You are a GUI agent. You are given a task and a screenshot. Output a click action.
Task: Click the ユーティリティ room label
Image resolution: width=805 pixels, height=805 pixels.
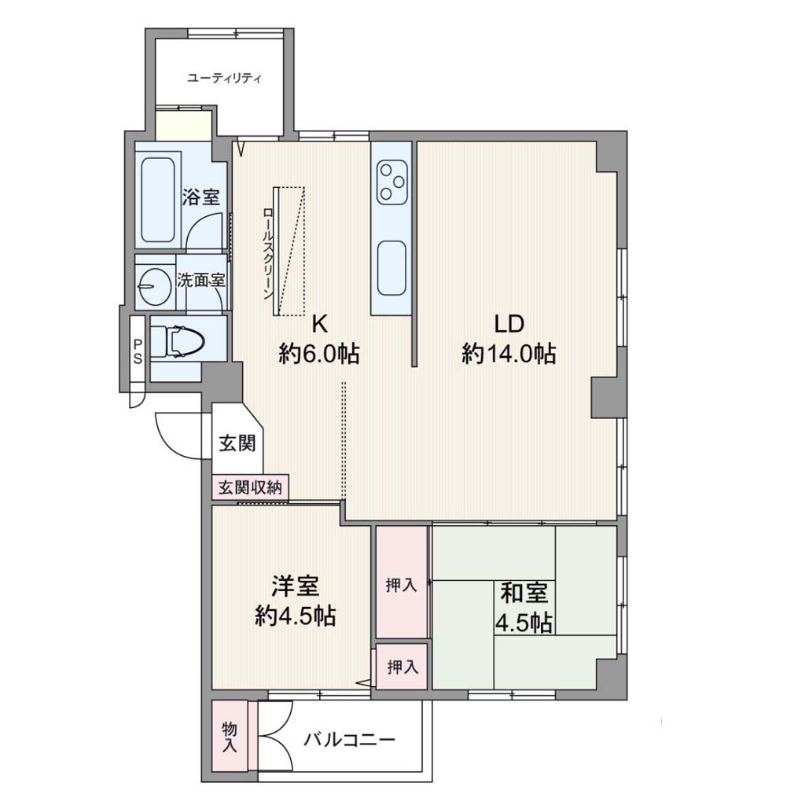tap(224, 79)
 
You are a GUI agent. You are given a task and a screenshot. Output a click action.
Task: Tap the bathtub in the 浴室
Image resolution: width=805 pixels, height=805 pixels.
tap(157, 199)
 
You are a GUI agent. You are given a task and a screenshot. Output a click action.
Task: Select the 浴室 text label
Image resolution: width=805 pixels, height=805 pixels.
tap(200, 197)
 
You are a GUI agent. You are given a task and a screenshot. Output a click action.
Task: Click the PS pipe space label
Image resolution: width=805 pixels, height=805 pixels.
tap(138, 351)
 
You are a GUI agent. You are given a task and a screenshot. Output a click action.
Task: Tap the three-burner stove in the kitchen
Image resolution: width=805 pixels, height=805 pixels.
tap(392, 182)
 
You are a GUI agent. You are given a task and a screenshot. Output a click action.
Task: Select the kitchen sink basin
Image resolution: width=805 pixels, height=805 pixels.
tap(391, 268)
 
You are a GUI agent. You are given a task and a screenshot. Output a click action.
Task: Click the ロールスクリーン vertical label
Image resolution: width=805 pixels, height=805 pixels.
tap(267, 254)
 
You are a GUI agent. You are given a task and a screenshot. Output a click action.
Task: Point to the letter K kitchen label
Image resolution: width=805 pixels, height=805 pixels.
tap(319, 324)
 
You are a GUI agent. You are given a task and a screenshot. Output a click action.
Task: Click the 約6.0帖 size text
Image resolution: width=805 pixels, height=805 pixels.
tap(319, 355)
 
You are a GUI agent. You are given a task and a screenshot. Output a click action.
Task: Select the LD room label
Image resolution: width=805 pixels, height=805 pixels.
tap(509, 324)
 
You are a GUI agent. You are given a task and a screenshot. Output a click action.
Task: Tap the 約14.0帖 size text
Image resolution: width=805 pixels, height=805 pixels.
tap(509, 355)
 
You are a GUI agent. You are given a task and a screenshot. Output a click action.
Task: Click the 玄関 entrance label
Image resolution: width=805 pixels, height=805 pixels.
tap(237, 443)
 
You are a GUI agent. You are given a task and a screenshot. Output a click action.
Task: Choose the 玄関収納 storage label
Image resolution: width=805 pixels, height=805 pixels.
tap(250, 487)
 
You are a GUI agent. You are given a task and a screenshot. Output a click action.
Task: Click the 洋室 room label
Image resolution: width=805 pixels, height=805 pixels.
tap(296, 586)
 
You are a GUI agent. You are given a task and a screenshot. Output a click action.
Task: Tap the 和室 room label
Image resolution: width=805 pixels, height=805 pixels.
tap(524, 593)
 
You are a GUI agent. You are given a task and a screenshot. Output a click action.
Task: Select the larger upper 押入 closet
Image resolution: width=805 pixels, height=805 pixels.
tap(402, 583)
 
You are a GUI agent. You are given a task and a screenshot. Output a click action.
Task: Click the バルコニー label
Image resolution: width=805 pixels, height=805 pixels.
tap(349, 740)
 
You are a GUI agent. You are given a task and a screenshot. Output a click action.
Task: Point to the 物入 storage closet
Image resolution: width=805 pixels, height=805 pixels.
tap(230, 736)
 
